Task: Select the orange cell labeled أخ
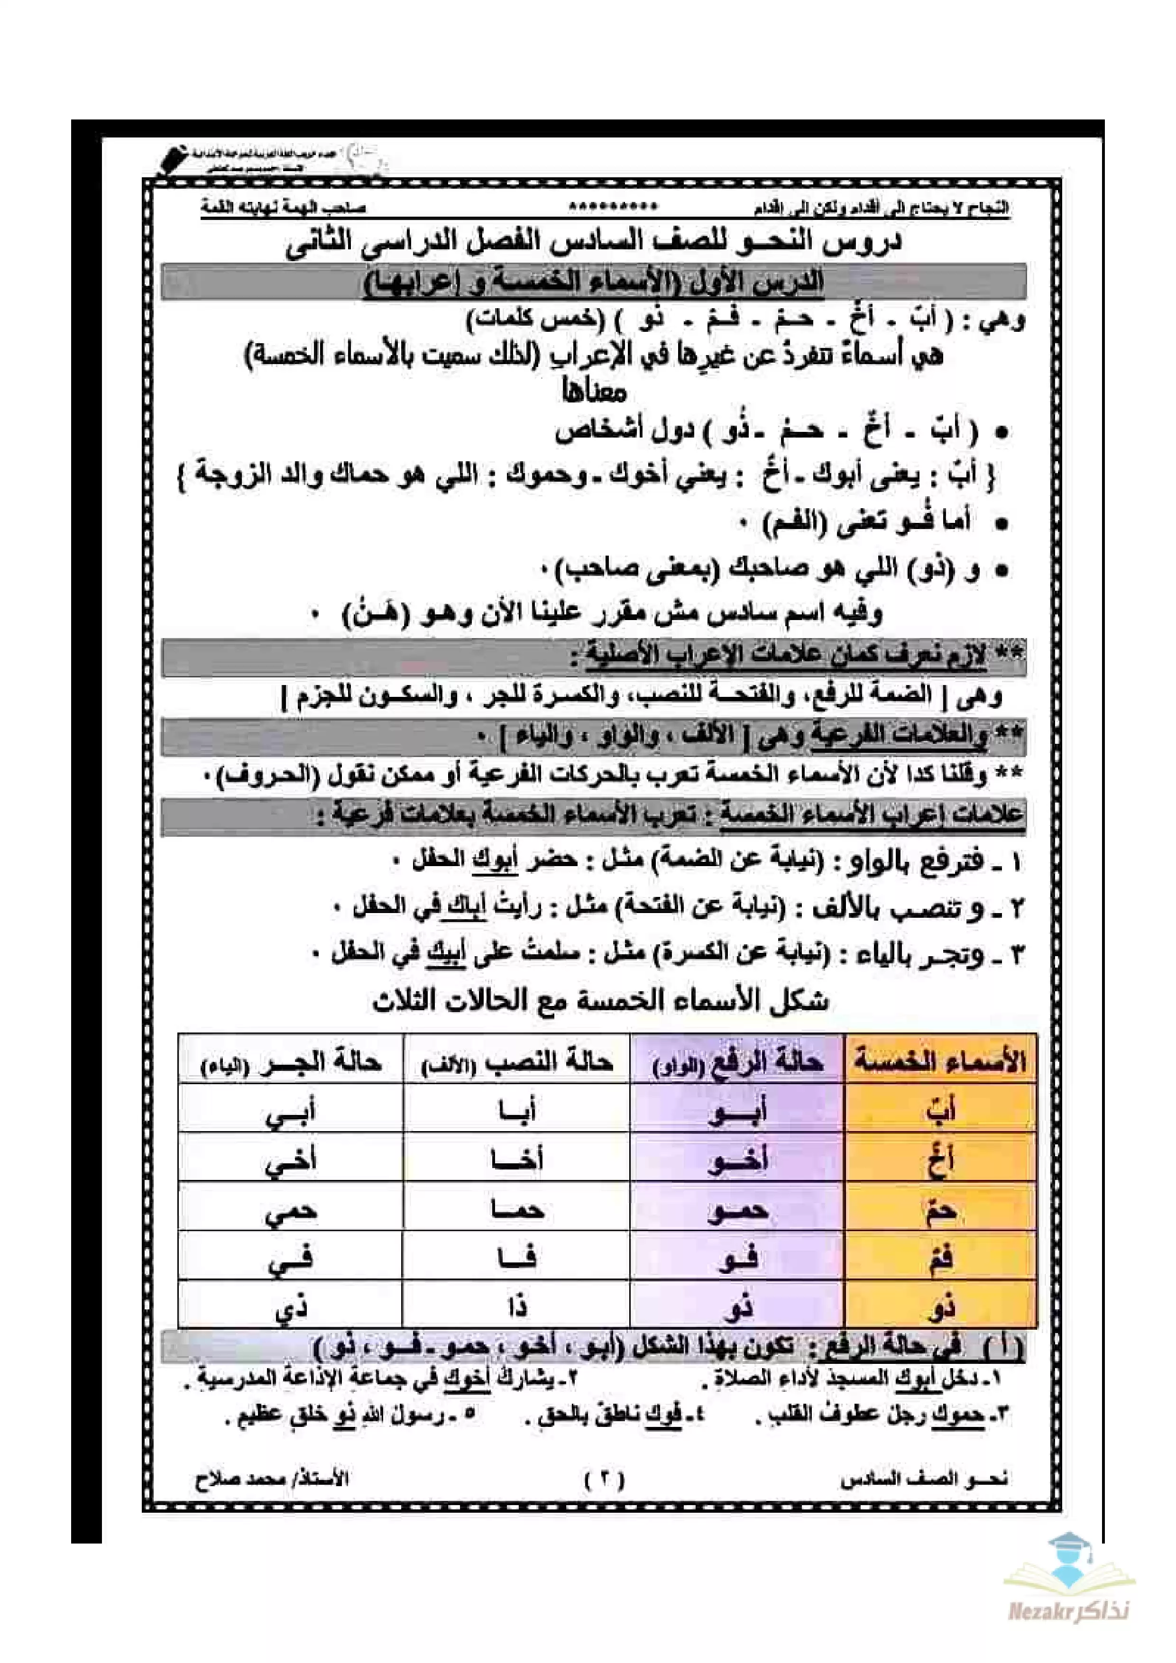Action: (x=940, y=1159)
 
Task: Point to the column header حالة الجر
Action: (x=291, y=1062)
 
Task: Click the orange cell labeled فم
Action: (x=940, y=1258)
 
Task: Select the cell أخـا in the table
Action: (x=516, y=1159)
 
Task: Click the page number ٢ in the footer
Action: (x=604, y=1478)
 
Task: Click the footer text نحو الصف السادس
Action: (x=924, y=1478)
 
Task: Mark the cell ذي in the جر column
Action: (x=291, y=1307)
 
